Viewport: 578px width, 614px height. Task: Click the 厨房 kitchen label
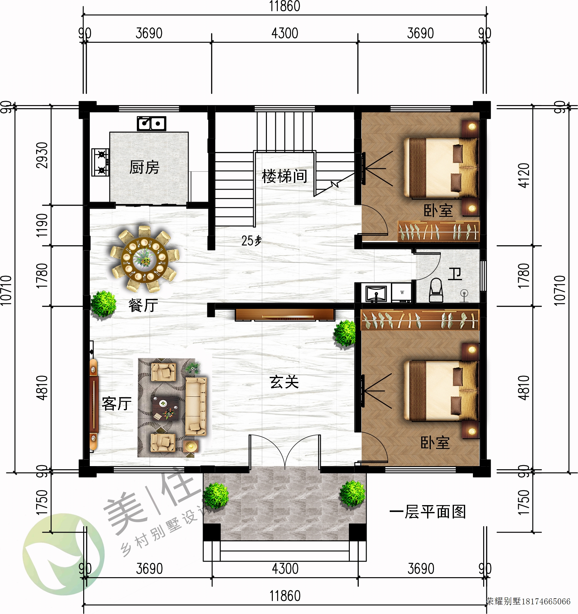[144, 167]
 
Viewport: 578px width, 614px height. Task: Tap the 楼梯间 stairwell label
[284, 176]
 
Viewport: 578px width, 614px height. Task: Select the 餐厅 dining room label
[143, 305]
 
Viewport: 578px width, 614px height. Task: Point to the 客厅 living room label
[117, 404]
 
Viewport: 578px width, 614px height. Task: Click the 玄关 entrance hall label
[284, 382]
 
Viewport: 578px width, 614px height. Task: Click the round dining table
[145, 259]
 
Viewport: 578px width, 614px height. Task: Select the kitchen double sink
[152, 124]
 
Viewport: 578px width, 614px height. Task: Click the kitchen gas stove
[100, 162]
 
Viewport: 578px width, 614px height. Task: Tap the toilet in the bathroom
[436, 290]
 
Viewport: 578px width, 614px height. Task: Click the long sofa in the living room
[196, 406]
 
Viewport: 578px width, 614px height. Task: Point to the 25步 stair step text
[251, 241]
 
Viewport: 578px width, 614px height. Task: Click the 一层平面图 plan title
[427, 512]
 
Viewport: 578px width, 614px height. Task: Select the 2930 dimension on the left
[42, 155]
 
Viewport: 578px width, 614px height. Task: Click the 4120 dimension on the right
[524, 175]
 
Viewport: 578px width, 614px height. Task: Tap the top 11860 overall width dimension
[285, 6]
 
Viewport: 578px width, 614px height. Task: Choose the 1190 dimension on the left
[42, 225]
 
